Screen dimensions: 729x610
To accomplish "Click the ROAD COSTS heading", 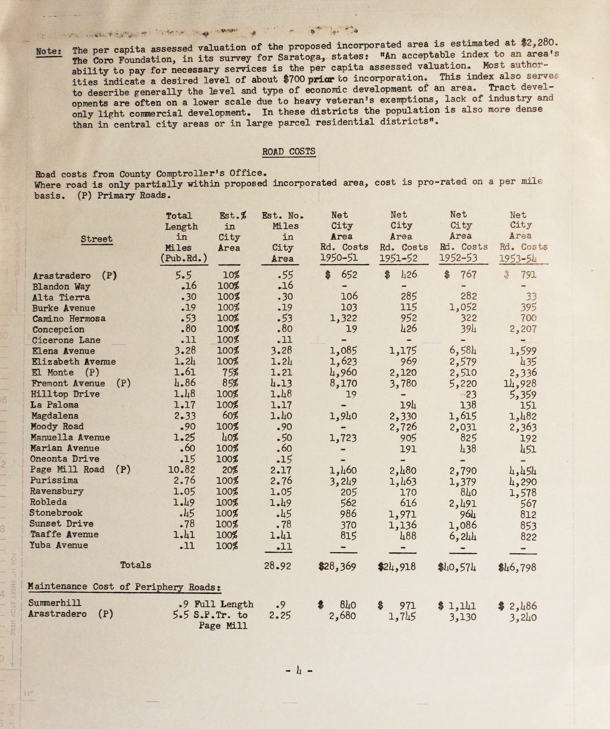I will coord(289,152).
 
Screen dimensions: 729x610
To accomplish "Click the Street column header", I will coord(97,239).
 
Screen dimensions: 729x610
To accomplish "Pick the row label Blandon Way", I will coord(61,287).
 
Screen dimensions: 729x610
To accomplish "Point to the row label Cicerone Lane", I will coord(66,340).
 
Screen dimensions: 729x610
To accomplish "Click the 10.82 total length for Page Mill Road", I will coord(182,470).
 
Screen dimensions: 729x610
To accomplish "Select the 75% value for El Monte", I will coord(230,372).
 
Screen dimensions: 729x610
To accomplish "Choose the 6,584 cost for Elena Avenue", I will coord(463,351).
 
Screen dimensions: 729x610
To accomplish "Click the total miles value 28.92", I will coord(277,566).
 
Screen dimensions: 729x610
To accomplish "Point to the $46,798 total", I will coord(517,568).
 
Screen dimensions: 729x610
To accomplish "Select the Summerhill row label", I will coord(55,603).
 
